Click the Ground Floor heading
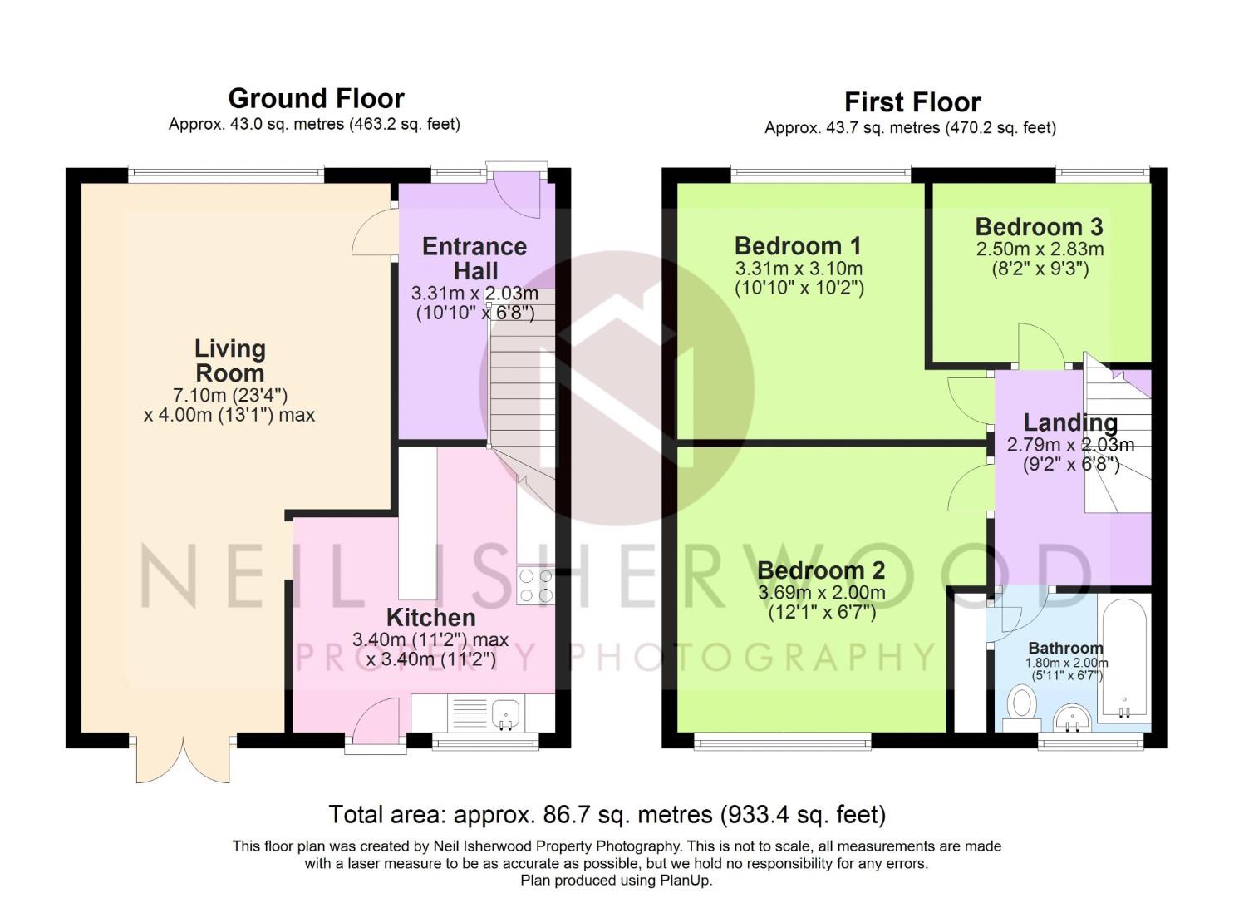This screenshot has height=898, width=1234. pyautogui.click(x=317, y=99)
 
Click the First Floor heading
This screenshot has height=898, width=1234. pyautogui.click(x=913, y=102)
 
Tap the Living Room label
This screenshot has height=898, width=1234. pyautogui.click(x=230, y=361)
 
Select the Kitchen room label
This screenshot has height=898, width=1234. pyautogui.click(x=430, y=618)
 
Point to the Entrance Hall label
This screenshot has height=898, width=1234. pyautogui.click(x=474, y=259)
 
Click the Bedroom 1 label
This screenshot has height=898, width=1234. pyautogui.click(x=798, y=246)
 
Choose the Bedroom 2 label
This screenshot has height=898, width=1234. pyautogui.click(x=821, y=570)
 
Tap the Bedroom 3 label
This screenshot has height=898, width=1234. pyautogui.click(x=1039, y=226)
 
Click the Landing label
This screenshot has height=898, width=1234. pyautogui.click(x=1070, y=423)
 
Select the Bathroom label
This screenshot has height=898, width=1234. pyautogui.click(x=1065, y=648)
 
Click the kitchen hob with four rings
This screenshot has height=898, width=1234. pyautogui.click(x=536, y=585)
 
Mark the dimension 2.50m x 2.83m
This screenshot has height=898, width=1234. pyautogui.click(x=1040, y=249)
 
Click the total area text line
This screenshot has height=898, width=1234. pyautogui.click(x=607, y=814)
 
